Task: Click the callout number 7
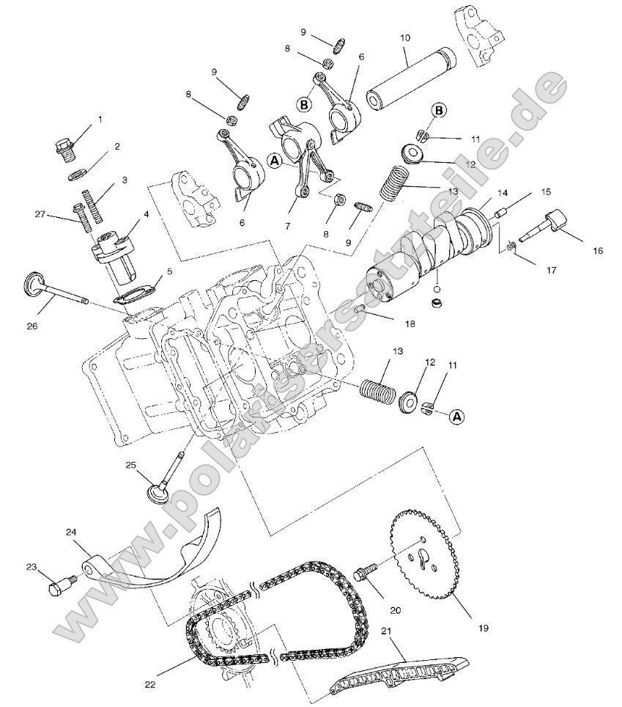pyautogui.click(x=287, y=227)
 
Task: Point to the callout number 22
pyautogui.click(x=150, y=684)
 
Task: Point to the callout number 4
pyautogui.click(x=146, y=215)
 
